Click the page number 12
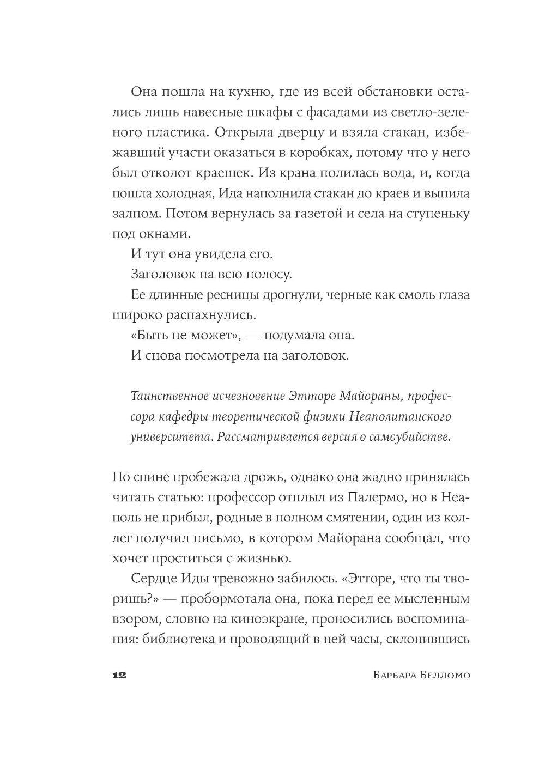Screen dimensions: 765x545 [x=119, y=675]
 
